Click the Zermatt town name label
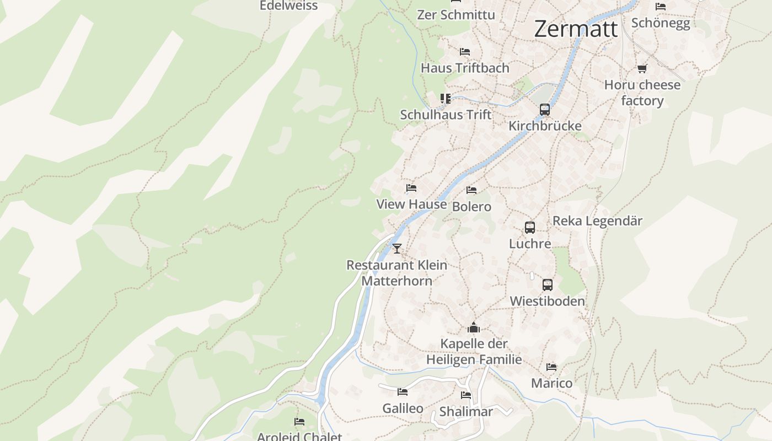click(576, 29)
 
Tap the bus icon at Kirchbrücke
click(545, 109)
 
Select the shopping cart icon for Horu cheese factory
click(642, 69)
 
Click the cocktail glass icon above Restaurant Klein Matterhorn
click(397, 248)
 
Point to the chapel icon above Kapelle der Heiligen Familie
click(474, 328)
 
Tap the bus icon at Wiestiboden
click(547, 284)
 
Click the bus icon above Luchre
click(530, 227)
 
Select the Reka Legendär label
click(597, 221)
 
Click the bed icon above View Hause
click(411, 188)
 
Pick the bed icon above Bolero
click(471, 190)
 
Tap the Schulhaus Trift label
click(446, 115)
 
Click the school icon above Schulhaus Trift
click(445, 99)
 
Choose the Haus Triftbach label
click(465, 68)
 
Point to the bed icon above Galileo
click(403, 392)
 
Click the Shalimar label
click(466, 412)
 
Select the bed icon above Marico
click(551, 367)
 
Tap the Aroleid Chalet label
click(299, 437)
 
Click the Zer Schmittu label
click(456, 15)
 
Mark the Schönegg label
click(660, 23)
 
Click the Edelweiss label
click(288, 6)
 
